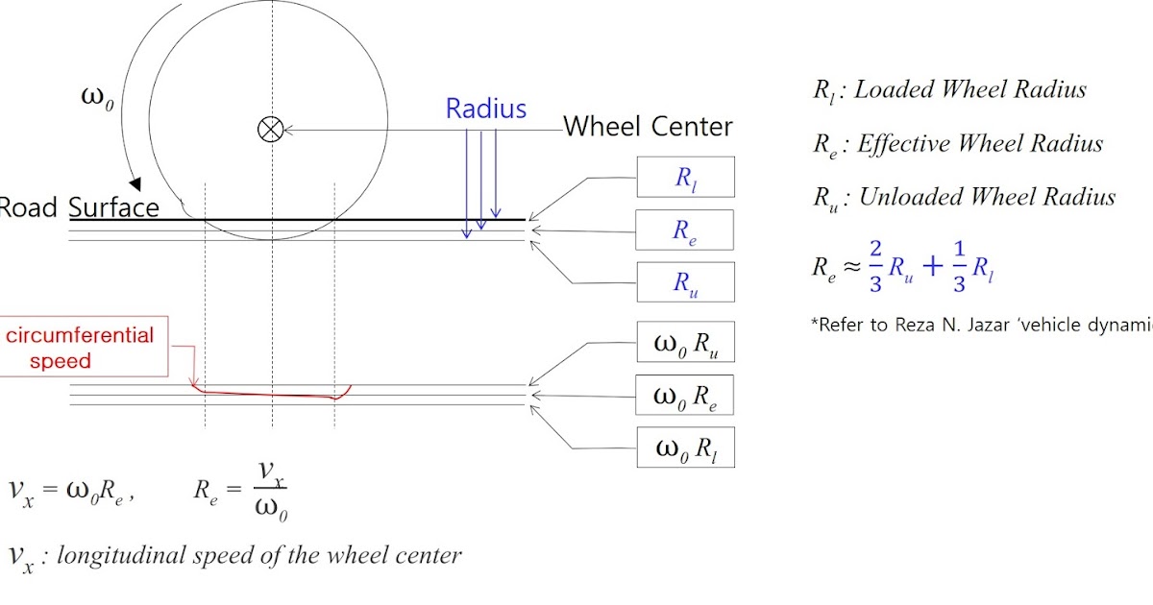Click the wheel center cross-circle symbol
[x=270, y=129]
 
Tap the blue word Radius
[x=486, y=109]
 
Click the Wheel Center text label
[x=648, y=127]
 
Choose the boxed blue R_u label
[x=686, y=282]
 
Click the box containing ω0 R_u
[x=686, y=342]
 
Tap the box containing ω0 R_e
[x=684, y=395]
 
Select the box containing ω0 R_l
[x=686, y=448]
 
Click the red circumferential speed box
[x=84, y=347]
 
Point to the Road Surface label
[x=78, y=207]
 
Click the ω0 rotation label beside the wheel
[x=97, y=98]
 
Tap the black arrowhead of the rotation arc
[x=135, y=183]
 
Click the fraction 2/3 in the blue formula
[x=875, y=267]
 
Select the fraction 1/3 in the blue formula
[x=959, y=267]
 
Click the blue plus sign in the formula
[x=933, y=267]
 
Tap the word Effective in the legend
[x=903, y=143]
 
